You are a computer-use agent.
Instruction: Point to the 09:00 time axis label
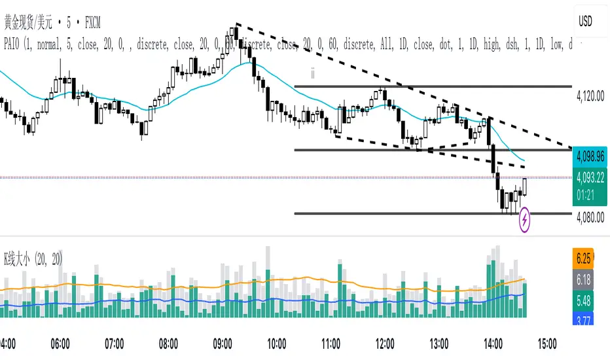click(x=223, y=342)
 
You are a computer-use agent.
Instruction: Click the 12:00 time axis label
click(x=385, y=342)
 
